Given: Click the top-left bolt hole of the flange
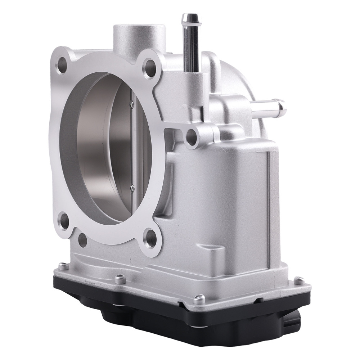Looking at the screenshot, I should click(62, 65).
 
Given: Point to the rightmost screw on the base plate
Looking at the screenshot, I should click(298, 279).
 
